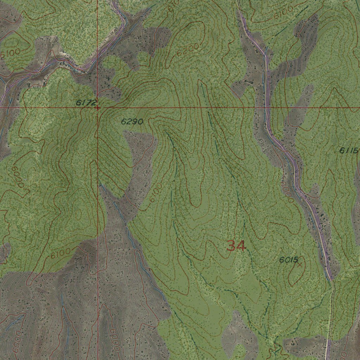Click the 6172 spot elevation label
click(x=86, y=103)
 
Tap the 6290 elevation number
click(x=132, y=122)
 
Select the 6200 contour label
click(x=188, y=50)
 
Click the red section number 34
click(x=236, y=246)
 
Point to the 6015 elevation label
click(x=289, y=260)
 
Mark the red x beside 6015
click(x=300, y=264)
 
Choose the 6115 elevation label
click(x=349, y=151)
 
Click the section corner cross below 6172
click(x=97, y=108)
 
